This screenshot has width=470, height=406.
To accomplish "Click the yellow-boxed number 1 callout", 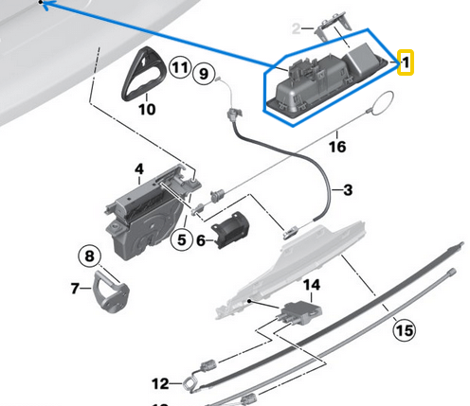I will tap(406, 63).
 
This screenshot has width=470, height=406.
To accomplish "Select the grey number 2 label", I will tap(297, 29).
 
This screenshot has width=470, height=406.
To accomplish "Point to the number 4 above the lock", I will tap(138, 170).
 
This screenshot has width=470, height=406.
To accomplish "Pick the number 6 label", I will tap(200, 240).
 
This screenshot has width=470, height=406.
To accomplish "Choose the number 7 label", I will tap(77, 287).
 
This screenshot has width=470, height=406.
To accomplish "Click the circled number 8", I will tap(87, 256).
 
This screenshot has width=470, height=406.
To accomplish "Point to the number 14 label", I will tap(312, 284).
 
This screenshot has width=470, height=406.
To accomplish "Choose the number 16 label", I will tap(337, 147).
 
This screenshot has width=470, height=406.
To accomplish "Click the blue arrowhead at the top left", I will tap(45, 5).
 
